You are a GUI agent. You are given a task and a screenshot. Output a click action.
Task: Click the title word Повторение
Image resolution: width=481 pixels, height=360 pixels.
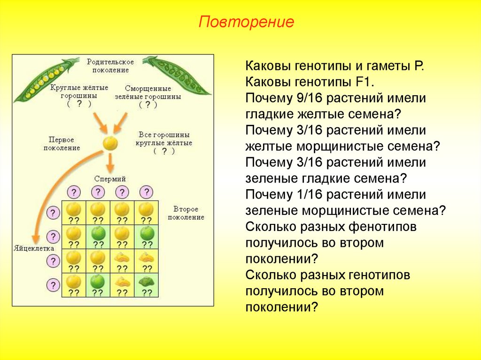coord(247,23)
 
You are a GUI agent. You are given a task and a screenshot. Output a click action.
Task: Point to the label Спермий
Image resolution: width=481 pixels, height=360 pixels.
coord(110,179)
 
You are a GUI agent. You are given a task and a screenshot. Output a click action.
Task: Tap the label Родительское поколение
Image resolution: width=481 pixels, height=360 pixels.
coord(110,66)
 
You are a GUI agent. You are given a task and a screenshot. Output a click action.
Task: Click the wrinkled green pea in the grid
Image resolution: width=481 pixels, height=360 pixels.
coord(147,282)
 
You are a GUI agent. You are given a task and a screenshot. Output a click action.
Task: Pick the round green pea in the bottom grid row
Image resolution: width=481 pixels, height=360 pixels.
coord(97,282)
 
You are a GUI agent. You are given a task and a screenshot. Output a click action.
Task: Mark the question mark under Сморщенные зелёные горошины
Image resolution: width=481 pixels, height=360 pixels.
coord(148,105)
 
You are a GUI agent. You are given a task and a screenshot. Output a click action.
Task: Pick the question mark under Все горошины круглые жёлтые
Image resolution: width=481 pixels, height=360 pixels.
coord(164,151)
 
